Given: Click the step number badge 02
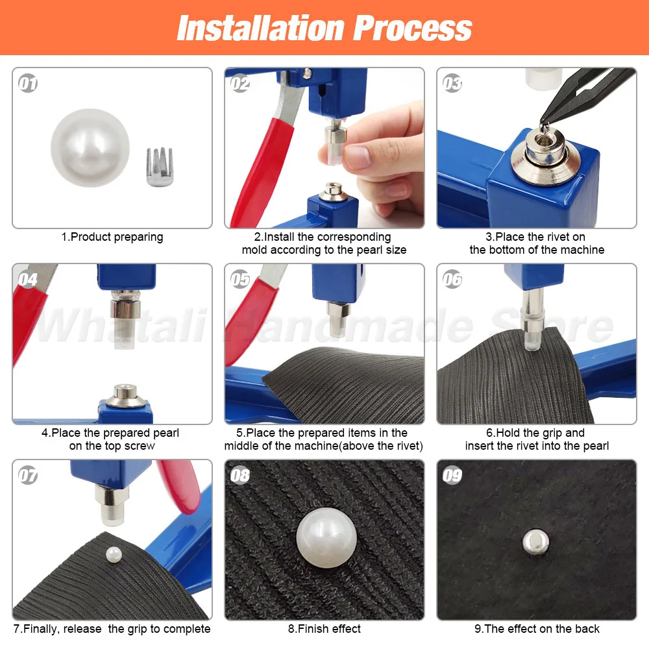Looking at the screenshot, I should (240, 84).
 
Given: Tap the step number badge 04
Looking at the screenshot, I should (28, 280).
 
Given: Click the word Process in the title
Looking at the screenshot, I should (413, 28).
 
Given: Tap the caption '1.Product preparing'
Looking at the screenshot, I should (112, 238).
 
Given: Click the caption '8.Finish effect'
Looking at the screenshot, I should (324, 629).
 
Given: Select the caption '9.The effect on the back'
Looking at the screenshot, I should (537, 629).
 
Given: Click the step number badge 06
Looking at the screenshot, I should (452, 280).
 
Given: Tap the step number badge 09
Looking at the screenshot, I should (452, 476).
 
